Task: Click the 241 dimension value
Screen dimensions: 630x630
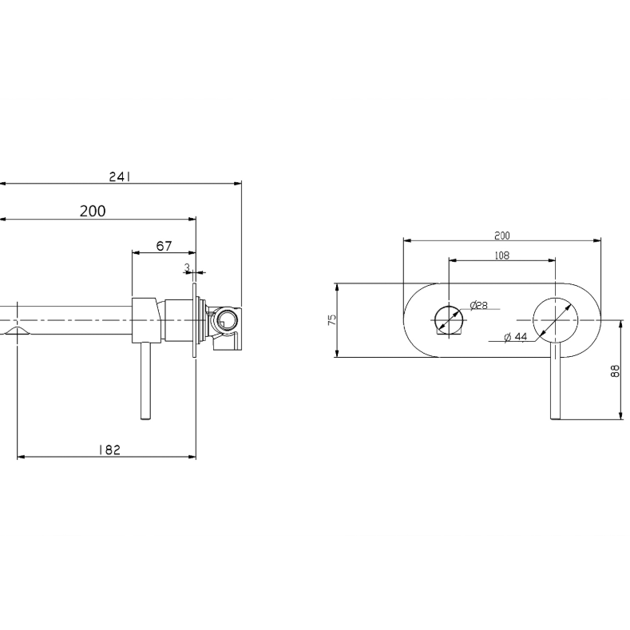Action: [120, 176]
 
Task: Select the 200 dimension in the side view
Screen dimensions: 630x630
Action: [93, 212]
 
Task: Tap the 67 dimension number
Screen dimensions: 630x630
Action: [164, 246]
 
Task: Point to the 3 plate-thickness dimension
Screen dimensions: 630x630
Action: [187, 267]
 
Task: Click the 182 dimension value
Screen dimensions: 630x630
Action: [109, 450]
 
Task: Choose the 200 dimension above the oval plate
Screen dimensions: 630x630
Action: [501, 236]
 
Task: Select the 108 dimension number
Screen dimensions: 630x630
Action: [501, 256]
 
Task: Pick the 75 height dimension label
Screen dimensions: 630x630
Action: [332, 320]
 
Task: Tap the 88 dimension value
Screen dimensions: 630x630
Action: [615, 370]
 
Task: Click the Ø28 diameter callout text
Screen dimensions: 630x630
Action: [479, 305]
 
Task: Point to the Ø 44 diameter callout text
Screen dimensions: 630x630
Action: [516, 337]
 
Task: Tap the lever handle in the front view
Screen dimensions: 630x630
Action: [555, 381]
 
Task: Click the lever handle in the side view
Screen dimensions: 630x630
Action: [146, 381]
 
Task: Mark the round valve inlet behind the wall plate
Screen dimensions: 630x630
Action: [224, 320]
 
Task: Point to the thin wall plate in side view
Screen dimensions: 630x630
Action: [195, 320]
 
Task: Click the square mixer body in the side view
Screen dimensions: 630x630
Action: [145, 320]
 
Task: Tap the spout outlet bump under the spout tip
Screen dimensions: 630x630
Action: [17, 331]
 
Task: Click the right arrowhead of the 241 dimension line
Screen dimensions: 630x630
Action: [238, 184]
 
